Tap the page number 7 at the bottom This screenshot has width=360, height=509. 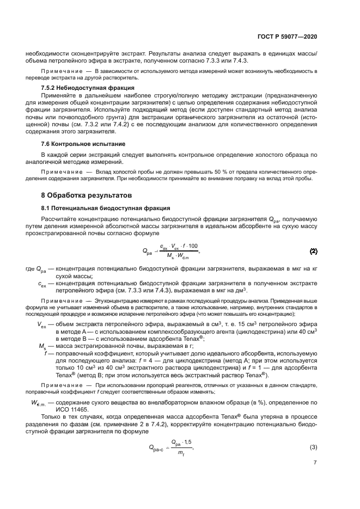(315, 463)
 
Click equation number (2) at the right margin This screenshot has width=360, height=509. (314, 251)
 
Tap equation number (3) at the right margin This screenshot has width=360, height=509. (314, 447)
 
